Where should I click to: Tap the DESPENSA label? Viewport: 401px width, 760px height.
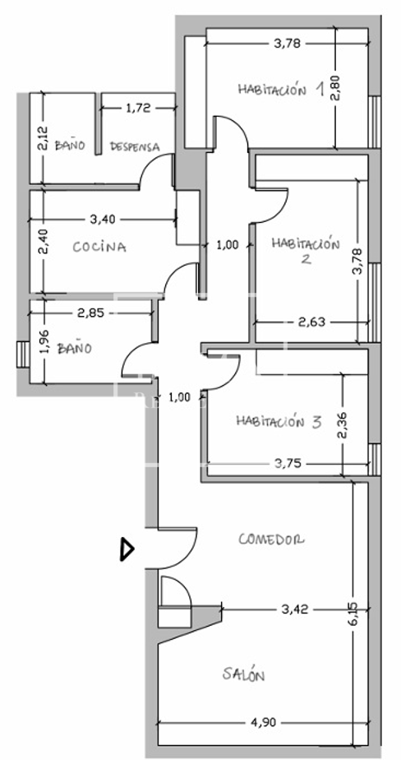pos(135,146)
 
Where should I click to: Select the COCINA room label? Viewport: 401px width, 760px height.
pos(99,248)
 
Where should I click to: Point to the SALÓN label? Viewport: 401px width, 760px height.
pos(243,674)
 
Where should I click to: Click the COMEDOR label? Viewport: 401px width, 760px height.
pos(272,539)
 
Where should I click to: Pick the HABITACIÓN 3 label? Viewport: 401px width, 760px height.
pos(279,421)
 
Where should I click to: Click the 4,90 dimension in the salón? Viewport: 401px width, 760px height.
pos(264,723)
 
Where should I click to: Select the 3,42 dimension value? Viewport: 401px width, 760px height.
pos(295,609)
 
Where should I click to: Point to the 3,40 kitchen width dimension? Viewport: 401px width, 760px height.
pos(103,220)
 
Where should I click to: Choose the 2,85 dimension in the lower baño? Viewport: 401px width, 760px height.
pos(90,313)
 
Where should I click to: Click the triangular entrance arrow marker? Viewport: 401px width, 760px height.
pos(127,549)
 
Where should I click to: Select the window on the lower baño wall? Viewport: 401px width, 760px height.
pos(23,355)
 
